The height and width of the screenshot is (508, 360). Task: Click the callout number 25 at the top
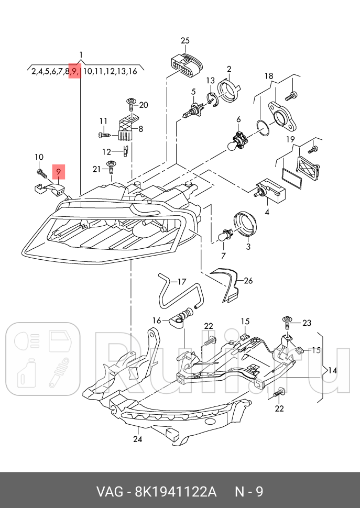click(185, 40)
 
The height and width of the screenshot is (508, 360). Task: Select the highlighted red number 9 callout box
click(59, 171)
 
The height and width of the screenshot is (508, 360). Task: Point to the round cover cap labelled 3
click(244, 225)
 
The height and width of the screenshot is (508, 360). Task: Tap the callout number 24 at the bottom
click(137, 439)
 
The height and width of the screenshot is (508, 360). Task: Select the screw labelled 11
click(104, 135)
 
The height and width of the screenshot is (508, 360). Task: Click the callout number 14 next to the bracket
click(332, 370)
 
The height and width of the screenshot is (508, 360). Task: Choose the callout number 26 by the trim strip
click(248, 281)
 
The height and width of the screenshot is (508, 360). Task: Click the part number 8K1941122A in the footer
click(175, 492)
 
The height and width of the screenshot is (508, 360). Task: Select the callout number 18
click(268, 76)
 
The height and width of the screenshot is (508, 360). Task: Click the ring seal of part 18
click(263, 127)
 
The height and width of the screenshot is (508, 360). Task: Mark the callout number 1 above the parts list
click(81, 55)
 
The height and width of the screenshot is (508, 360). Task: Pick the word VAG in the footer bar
click(107, 492)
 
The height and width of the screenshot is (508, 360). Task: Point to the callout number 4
click(267, 212)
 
